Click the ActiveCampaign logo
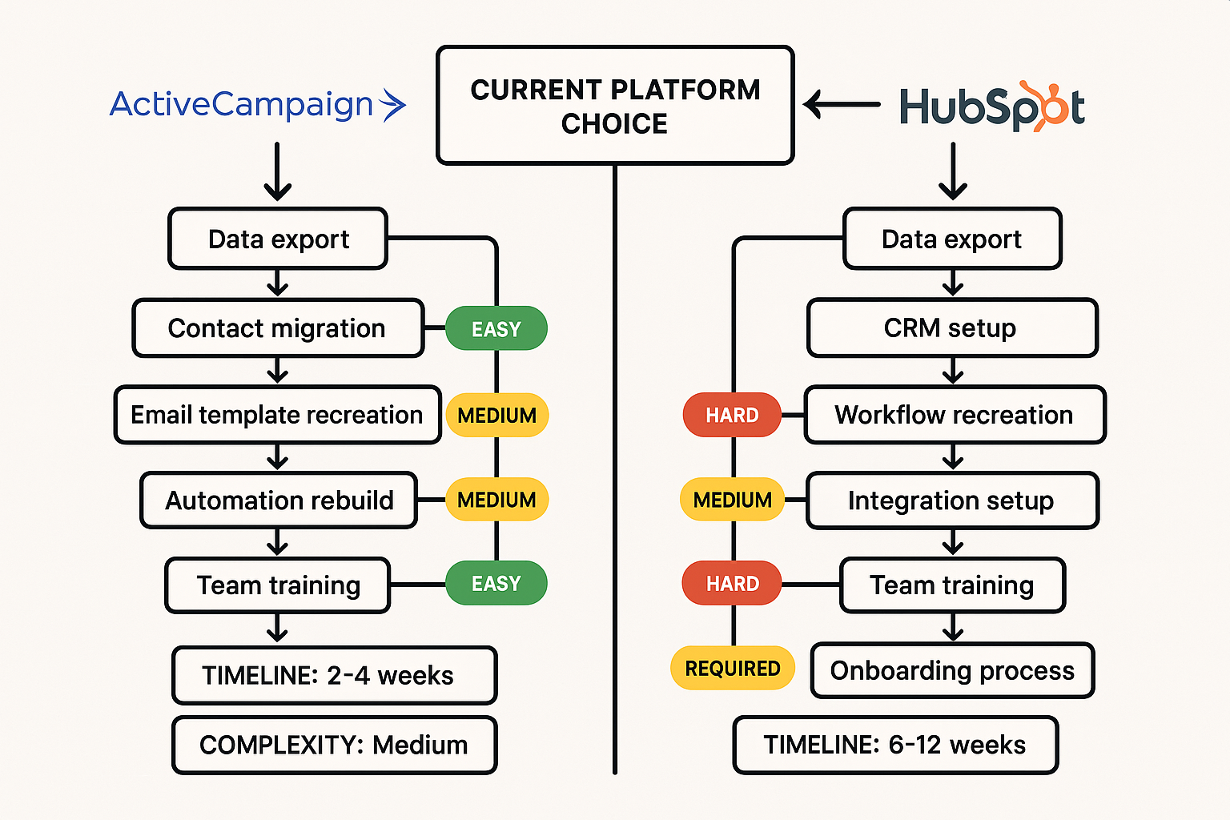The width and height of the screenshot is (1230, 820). (257, 105)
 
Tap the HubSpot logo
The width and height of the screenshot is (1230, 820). (991, 107)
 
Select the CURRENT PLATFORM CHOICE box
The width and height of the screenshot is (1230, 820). (615, 106)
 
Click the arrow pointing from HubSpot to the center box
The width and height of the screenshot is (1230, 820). (841, 104)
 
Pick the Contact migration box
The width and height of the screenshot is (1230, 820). (277, 328)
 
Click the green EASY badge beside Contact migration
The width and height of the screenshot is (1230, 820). (496, 328)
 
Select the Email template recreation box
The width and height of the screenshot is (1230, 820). (277, 415)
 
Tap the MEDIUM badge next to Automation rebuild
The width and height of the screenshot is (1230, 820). (496, 500)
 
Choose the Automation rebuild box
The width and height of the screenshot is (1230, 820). (279, 500)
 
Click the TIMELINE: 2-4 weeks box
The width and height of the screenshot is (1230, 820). (334, 675)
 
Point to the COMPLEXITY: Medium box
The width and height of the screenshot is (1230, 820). (334, 745)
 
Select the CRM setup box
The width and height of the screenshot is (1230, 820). (951, 328)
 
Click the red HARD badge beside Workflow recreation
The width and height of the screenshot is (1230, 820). (732, 415)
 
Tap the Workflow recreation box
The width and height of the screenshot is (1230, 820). (954, 415)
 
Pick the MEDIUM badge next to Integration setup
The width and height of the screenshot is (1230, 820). (732, 500)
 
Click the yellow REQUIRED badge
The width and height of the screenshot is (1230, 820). (732, 668)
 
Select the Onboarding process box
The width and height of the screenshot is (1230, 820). (952, 670)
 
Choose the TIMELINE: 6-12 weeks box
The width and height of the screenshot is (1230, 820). (894, 745)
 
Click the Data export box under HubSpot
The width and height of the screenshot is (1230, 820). (951, 239)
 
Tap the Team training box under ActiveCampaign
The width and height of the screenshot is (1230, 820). (278, 585)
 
